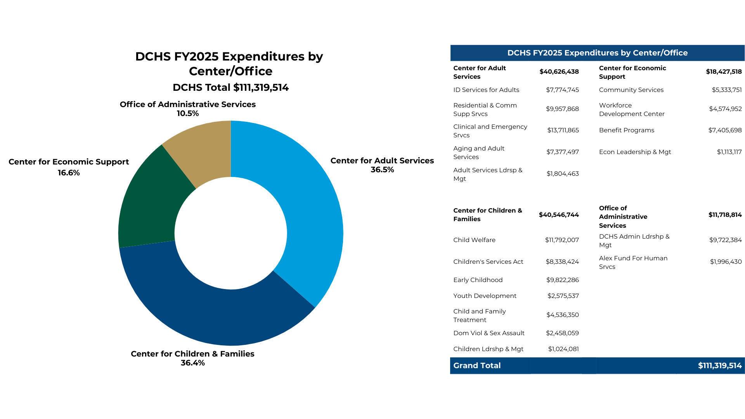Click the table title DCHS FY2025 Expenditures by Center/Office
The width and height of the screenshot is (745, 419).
[x=597, y=53]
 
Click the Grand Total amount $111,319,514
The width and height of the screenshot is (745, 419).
[x=719, y=365]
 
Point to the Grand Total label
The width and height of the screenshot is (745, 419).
[x=477, y=365]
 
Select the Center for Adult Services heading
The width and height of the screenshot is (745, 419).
[x=480, y=72]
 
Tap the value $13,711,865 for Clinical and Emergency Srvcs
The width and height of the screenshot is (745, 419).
[x=563, y=130]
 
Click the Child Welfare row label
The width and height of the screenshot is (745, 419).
[x=474, y=240]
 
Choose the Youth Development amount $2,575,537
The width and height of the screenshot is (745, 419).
[x=563, y=296]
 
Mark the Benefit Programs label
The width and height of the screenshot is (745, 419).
[x=626, y=130]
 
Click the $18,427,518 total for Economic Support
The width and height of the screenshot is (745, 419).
[x=723, y=72]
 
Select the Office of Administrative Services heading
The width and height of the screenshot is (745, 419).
[x=623, y=217]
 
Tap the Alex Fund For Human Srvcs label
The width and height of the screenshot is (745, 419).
[x=633, y=262]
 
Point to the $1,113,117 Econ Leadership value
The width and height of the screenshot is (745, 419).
[x=729, y=152]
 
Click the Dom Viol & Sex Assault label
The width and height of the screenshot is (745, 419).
[x=489, y=333]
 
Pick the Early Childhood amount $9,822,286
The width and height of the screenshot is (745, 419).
[x=562, y=280]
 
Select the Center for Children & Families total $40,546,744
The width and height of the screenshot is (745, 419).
[x=558, y=215]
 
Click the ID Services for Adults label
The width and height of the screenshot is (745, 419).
[x=486, y=90]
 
